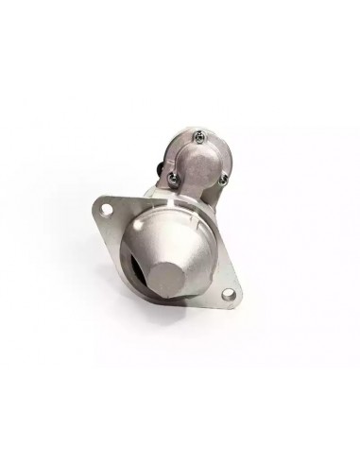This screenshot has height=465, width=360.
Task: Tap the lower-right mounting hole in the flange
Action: [230, 297]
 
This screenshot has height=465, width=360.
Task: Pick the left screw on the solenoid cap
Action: [174, 176]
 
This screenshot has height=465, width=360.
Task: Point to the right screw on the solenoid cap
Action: [223, 174]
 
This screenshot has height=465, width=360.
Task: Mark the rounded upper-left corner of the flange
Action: [101, 201]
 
